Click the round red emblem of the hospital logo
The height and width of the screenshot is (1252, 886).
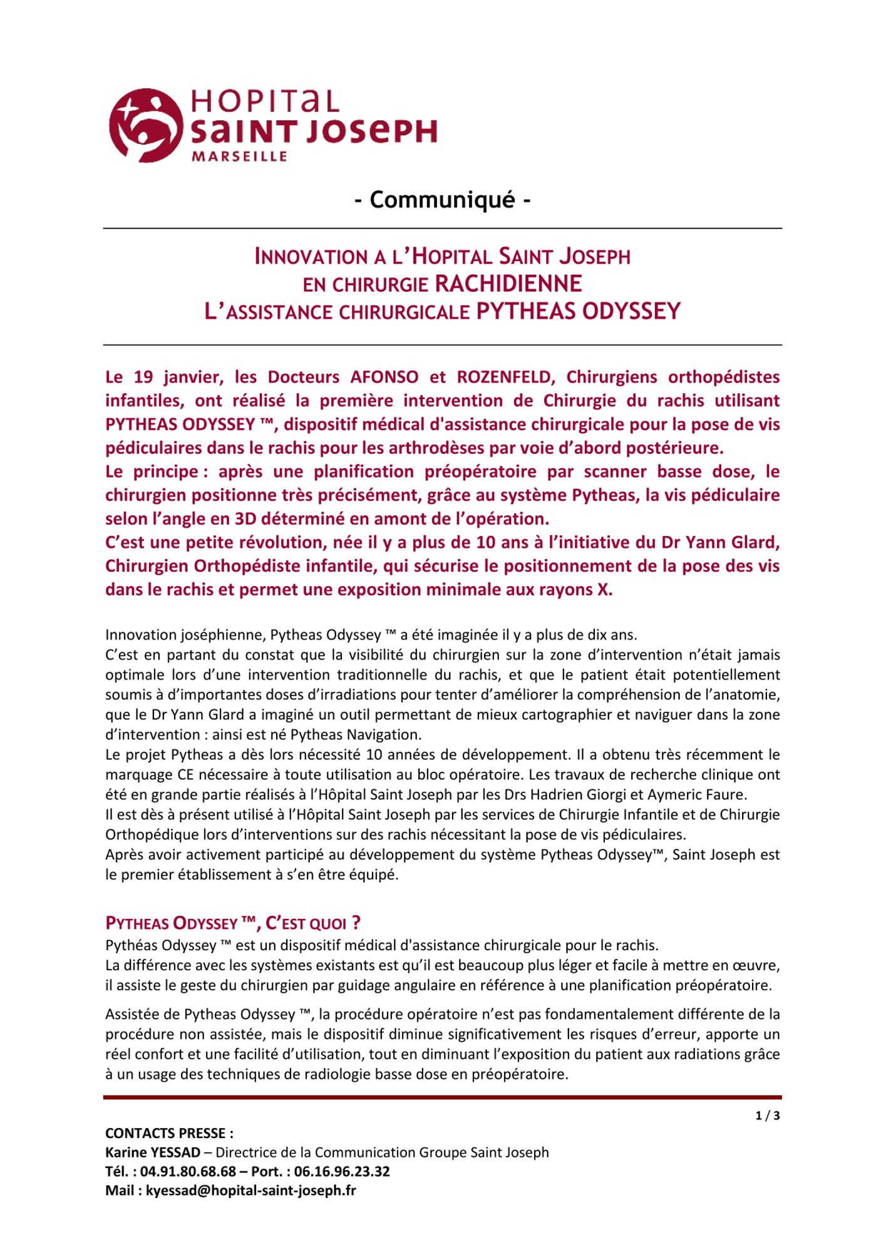(146, 125)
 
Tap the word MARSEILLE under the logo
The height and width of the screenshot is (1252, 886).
(239, 156)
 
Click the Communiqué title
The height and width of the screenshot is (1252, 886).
(443, 200)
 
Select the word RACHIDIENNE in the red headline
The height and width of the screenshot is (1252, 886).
(508, 284)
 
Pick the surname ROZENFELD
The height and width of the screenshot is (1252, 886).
(506, 377)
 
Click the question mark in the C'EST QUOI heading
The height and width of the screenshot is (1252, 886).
(356, 923)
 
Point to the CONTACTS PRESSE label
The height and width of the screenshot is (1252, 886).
(169, 1133)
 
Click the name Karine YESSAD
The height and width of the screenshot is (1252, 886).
(153, 1152)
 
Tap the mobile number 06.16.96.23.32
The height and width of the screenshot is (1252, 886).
(342, 1171)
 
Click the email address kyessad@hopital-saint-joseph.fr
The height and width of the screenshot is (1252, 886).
(250, 1191)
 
